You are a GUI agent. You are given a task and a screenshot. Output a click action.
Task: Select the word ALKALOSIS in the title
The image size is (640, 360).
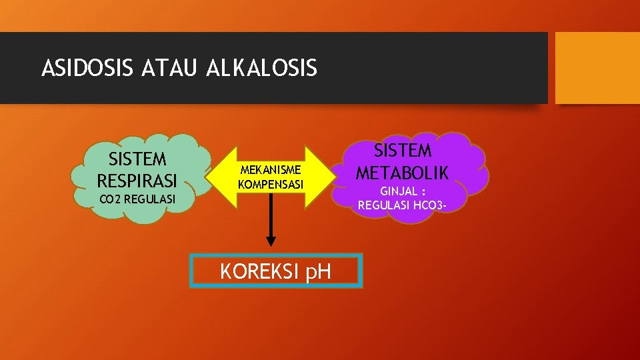pos(262,69)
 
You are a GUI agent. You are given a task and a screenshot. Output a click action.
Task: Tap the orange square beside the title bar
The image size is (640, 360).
pos(597,69)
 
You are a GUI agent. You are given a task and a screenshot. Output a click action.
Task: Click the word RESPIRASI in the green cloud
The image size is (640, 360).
pos(137,180)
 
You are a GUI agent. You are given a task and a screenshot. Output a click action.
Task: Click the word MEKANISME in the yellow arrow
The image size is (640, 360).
pos(271,169)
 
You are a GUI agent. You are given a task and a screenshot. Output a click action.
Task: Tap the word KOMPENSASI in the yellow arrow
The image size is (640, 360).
pos(271,183)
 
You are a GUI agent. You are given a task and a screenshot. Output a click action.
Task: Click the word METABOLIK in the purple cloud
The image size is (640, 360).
pos(402,173)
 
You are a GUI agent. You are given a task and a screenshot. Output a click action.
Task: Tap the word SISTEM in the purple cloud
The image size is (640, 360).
pos(402,151)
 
